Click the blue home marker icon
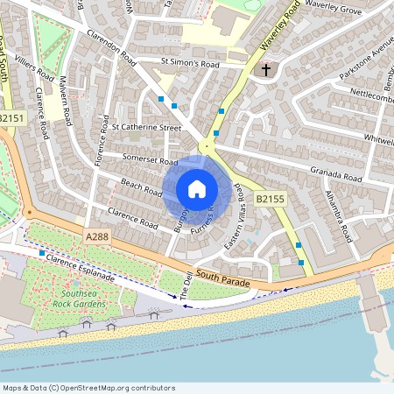pos(197,189)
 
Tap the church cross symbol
pos(265,70)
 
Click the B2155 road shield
pos(270,201)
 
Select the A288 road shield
pos(98,237)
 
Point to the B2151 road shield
pos(12,118)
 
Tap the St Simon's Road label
pos(189,64)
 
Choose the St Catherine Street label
pos(146,127)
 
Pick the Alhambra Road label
pos(337,217)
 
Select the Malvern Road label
pos(63,101)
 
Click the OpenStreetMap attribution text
pos(88,388)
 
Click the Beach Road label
pos(141,187)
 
